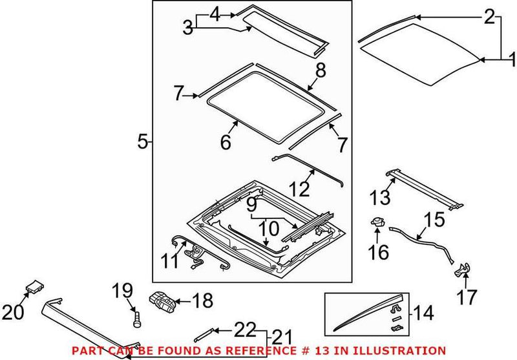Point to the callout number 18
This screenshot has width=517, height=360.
202,301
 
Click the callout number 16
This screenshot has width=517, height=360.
379,251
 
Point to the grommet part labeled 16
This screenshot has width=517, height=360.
375,222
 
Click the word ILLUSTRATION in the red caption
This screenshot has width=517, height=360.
405,350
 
